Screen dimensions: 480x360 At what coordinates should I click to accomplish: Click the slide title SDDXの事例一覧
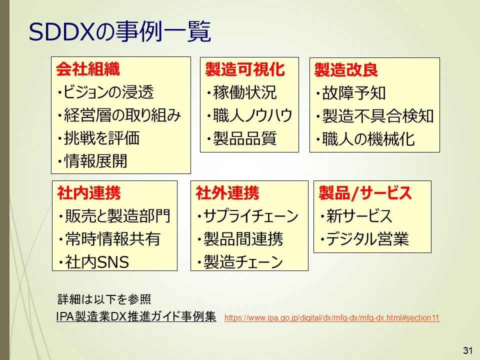pyautogui.click(x=119, y=31)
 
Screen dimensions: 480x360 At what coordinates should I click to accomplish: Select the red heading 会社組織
pyautogui.click(x=88, y=69)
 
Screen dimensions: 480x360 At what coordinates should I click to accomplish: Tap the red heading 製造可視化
pyautogui.click(x=245, y=69)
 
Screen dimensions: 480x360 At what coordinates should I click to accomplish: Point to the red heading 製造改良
pyautogui.click(x=346, y=70)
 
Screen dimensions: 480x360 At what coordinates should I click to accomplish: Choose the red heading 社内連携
pyautogui.click(x=89, y=193)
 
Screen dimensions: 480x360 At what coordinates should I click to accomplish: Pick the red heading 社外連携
pyautogui.click(x=227, y=193)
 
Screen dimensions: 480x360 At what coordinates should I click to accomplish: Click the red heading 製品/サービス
pyautogui.click(x=365, y=193)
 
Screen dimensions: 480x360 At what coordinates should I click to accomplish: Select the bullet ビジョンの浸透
pyautogui.click(x=105, y=92)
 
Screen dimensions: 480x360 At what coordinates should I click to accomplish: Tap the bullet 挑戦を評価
pyautogui.click(x=98, y=138)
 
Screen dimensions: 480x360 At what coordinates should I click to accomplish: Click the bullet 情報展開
pyautogui.click(x=92, y=161)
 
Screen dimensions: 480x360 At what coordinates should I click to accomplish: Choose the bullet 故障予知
pyautogui.click(x=351, y=93)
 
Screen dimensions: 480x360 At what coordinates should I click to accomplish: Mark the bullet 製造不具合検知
pyautogui.click(x=375, y=116)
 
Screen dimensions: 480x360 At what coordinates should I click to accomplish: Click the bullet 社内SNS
pyautogui.click(x=94, y=262)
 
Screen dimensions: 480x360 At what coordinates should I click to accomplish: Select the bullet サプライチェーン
pyautogui.click(x=248, y=216)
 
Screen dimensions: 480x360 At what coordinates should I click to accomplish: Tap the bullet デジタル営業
pyautogui.click(x=364, y=239)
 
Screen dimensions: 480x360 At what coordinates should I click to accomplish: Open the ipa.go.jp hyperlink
pyautogui.click(x=332, y=318)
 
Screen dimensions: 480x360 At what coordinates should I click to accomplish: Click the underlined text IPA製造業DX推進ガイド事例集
pyautogui.click(x=136, y=316)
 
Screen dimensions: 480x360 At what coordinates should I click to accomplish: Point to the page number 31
pyautogui.click(x=468, y=350)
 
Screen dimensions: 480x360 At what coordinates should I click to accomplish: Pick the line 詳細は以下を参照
pyautogui.click(x=104, y=299)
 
